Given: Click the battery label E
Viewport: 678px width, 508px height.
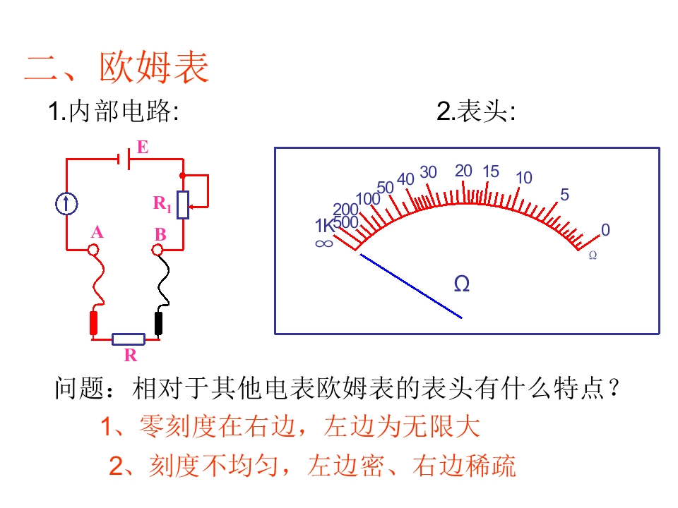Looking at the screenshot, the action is pos(143,147).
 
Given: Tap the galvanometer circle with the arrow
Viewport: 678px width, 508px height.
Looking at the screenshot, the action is pos(66,204).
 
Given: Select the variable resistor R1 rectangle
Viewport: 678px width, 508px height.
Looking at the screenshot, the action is pos(184,205).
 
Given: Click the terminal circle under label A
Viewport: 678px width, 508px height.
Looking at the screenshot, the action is pos(93,250).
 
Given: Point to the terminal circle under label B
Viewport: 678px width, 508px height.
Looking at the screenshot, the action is pos(157,250).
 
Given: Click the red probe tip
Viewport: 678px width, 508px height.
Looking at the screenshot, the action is pos(93,323).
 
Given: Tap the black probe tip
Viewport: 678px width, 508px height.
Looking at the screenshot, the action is pos(159,323).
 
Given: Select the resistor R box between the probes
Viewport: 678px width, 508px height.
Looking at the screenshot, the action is pos(129,339).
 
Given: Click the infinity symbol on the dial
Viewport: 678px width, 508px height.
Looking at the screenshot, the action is pos(324,243).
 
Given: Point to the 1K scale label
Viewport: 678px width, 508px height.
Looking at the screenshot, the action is pos(324,226).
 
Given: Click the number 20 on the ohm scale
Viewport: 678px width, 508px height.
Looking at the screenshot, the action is pos(463,171).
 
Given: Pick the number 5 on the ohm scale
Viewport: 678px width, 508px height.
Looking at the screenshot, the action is pos(565,195).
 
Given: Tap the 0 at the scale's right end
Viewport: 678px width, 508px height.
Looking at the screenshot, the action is pos(605,230).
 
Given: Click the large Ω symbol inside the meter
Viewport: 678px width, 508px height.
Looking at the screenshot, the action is pos(462,284).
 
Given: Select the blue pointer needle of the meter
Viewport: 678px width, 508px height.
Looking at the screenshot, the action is pos(411,286).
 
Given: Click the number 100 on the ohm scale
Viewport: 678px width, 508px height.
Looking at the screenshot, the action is pos(368,199).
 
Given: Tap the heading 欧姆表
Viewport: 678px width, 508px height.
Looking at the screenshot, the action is pos(155,67).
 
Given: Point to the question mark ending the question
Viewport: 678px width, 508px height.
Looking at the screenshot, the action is pos(614,388).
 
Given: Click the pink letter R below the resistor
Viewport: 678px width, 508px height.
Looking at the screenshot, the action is pos(131,355).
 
